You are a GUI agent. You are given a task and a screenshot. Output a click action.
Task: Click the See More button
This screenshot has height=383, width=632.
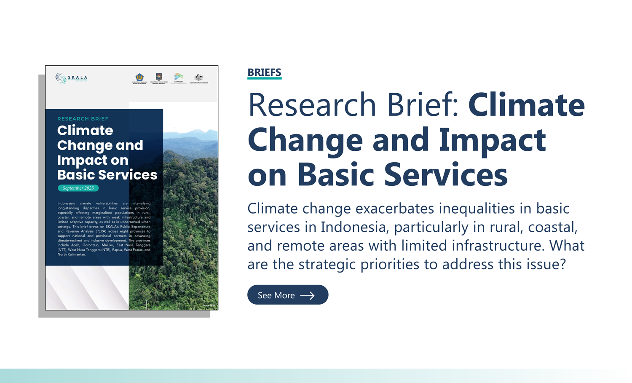tap(287, 295)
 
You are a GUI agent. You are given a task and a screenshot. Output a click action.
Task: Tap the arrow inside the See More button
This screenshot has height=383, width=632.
tap(307, 296)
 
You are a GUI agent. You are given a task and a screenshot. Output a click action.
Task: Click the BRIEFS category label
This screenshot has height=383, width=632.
tap(264, 72)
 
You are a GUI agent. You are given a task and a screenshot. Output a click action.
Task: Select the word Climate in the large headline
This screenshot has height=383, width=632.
tap(526, 105)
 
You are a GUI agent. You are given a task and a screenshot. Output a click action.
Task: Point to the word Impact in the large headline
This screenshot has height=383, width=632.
tap(492, 140)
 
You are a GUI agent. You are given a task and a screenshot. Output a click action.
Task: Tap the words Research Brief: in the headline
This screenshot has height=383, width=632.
tap(353, 105)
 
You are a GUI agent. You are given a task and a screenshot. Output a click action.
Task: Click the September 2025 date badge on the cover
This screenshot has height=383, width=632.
tap(78, 188)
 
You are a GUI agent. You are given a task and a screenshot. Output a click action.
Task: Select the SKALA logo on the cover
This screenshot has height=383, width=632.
tap(71, 78)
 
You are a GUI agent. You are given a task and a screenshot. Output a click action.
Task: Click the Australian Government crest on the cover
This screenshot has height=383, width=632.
tap(198, 78)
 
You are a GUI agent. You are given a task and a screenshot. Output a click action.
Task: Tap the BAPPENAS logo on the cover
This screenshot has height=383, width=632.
tap(179, 78)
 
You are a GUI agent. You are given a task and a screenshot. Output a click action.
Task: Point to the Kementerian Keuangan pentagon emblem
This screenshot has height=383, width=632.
tap(139, 77)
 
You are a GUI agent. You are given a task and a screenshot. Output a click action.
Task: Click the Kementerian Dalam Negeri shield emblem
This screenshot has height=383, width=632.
tap(159, 77)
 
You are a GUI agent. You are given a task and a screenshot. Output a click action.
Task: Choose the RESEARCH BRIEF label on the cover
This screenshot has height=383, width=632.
tap(83, 119)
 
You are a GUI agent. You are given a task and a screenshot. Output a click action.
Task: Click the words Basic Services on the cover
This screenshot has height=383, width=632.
tap(107, 175)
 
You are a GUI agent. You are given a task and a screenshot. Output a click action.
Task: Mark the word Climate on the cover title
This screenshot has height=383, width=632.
tap(85, 131)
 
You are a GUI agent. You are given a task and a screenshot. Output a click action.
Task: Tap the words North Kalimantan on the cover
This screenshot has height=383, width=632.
tap(72, 254)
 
